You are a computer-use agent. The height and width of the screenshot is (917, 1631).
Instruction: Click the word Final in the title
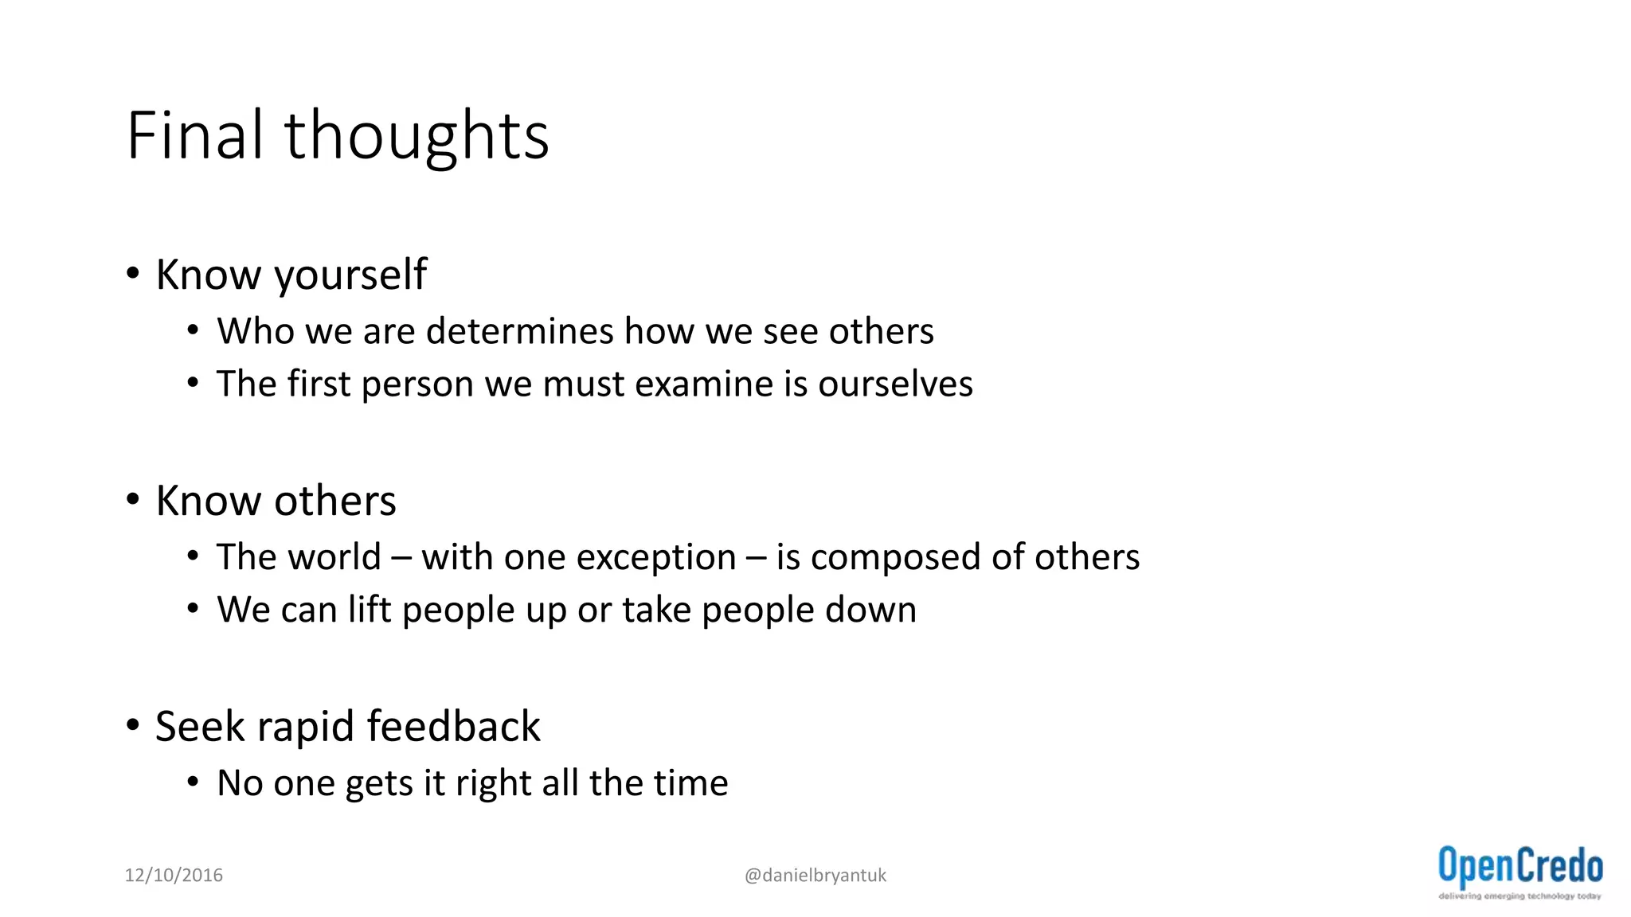point(194,135)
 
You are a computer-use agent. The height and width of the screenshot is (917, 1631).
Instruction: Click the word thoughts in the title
point(417,137)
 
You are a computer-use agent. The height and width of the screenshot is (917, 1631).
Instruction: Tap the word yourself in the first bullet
point(350,275)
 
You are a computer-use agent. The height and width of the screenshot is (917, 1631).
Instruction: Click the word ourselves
point(895,384)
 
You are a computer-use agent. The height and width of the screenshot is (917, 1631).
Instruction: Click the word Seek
point(200,727)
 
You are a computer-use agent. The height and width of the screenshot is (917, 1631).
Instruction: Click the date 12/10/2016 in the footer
point(174,876)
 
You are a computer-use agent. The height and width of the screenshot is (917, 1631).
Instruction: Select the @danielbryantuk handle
point(815,876)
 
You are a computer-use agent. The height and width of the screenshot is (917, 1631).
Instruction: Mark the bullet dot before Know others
point(133,500)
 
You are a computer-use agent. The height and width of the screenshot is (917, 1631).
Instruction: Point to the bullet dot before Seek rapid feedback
point(133,726)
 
